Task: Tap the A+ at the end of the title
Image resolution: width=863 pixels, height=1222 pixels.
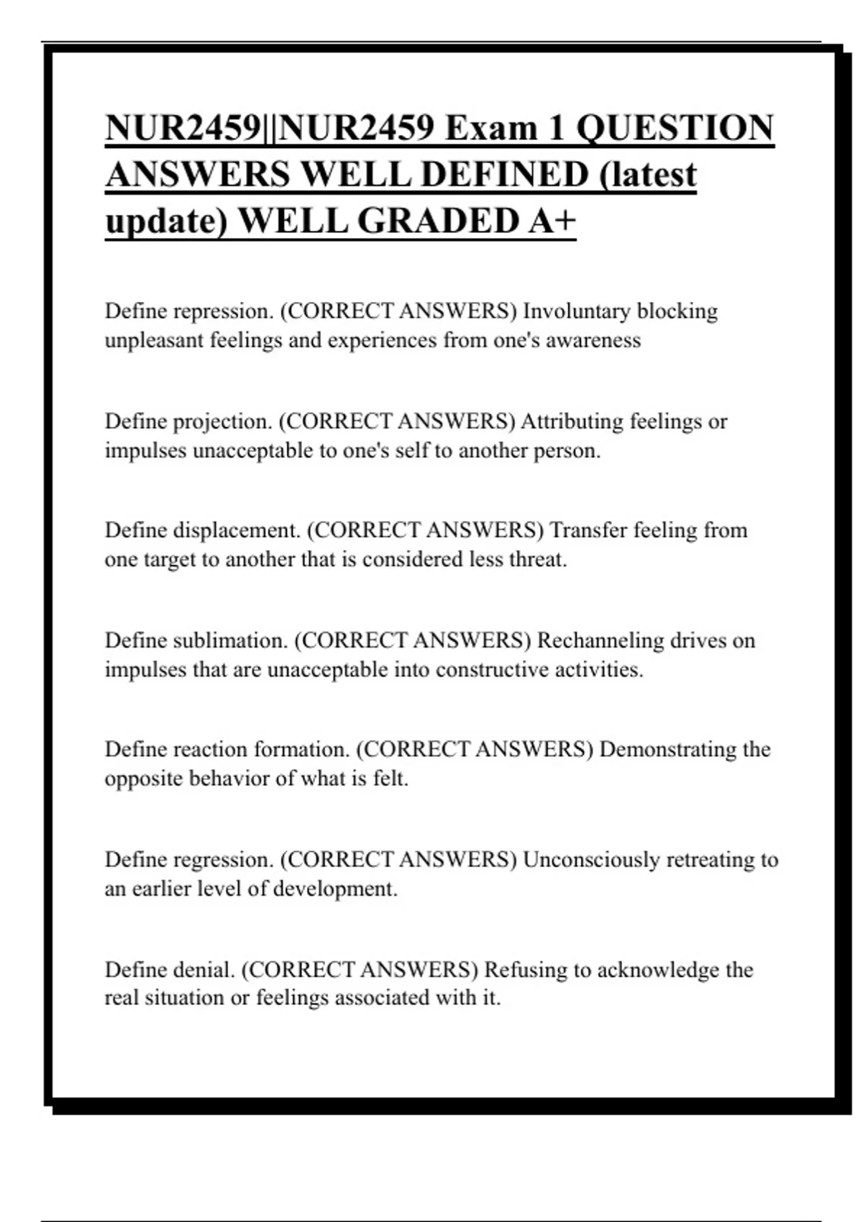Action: click(x=552, y=221)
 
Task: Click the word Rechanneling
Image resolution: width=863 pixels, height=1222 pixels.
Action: click(x=601, y=640)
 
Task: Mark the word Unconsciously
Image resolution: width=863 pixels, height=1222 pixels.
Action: click(x=590, y=860)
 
